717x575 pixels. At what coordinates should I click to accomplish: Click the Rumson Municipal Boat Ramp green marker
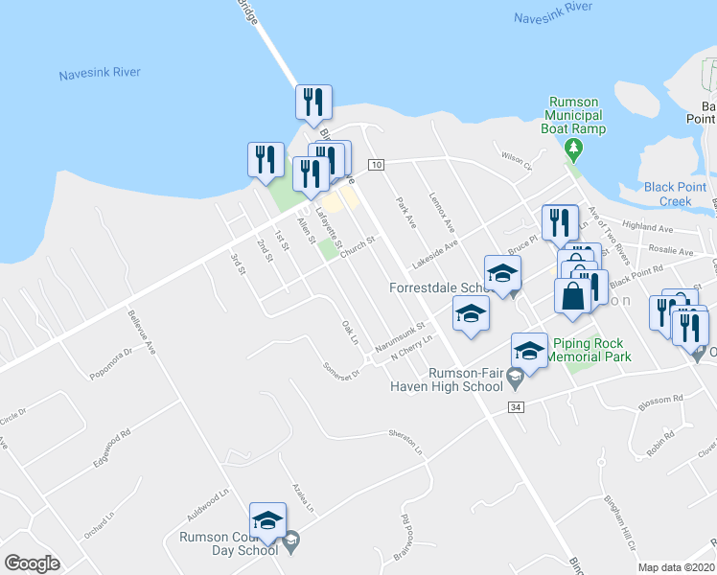click(574, 148)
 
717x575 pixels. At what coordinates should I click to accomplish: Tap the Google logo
click(32, 563)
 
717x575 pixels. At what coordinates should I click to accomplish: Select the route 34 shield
click(517, 408)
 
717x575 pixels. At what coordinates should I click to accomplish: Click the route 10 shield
click(377, 165)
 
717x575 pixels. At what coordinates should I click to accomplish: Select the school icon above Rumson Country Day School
click(267, 520)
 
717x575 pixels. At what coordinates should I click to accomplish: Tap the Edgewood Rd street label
click(111, 448)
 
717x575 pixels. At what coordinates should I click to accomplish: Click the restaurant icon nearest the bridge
click(313, 103)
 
